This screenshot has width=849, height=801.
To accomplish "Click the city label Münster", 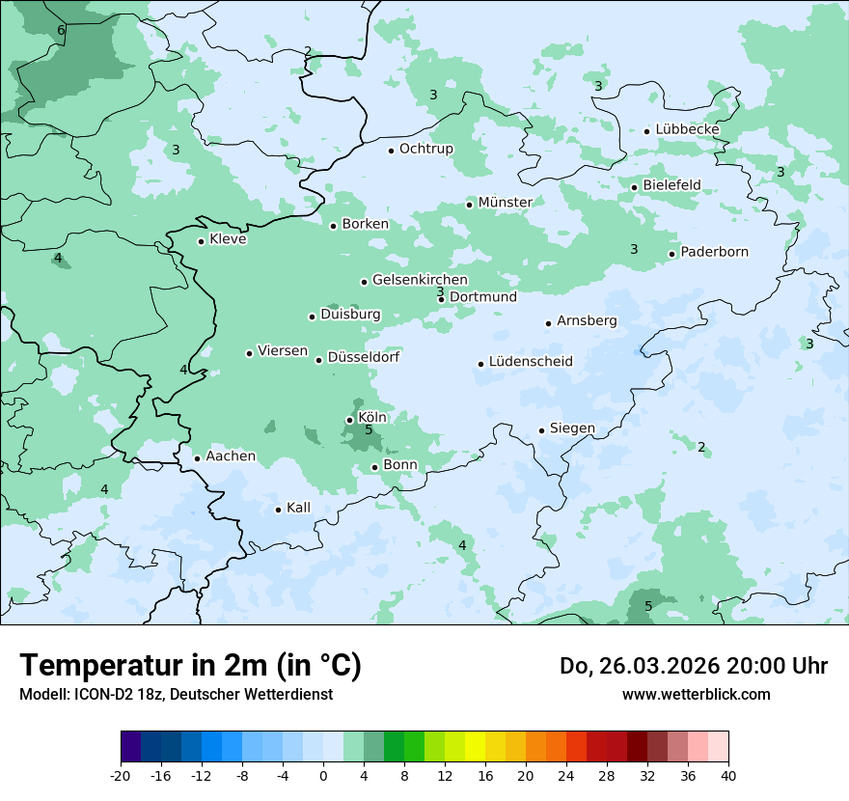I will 505,202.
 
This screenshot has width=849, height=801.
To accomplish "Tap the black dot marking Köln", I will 349,420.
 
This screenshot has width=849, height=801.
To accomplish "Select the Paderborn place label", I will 714,252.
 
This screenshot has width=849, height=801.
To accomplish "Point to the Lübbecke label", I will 687,129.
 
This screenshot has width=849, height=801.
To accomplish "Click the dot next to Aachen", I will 197,458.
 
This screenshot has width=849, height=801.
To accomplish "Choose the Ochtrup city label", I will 425,149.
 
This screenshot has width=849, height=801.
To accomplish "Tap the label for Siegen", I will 572,428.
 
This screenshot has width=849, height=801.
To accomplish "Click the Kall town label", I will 298,508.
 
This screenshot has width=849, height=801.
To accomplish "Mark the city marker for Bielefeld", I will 634,187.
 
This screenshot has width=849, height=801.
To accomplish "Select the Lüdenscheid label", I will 531,362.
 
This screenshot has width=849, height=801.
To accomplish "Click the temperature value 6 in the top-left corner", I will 61,31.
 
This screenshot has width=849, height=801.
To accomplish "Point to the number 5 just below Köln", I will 369,429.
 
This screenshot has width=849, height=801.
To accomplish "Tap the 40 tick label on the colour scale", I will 728,775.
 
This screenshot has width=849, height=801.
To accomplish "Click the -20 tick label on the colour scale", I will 121,775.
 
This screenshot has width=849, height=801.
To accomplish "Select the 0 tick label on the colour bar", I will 323,775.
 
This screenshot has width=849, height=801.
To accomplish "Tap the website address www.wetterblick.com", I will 696,694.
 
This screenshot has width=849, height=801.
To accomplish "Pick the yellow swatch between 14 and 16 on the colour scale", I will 475,747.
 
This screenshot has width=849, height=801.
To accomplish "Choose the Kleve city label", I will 228,239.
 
